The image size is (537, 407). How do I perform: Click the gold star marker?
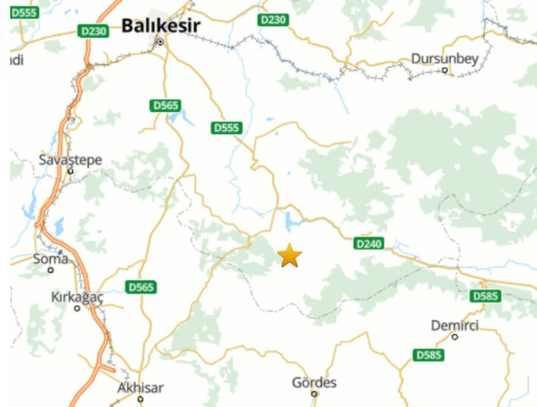click(x=289, y=256)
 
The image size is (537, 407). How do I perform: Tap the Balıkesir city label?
click(x=160, y=26)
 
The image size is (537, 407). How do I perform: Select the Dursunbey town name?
click(x=445, y=59)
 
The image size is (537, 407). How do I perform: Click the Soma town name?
click(x=50, y=258)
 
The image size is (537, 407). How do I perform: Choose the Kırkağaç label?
click(x=77, y=297)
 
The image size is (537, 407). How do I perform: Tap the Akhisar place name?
click(x=140, y=387)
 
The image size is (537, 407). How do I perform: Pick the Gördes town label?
click(x=314, y=383)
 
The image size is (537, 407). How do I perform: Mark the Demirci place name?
click(x=454, y=326)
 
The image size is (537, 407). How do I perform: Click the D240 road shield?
click(x=368, y=243)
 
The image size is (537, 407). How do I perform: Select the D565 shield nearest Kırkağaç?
click(x=141, y=287)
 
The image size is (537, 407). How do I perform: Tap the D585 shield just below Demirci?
click(x=428, y=355)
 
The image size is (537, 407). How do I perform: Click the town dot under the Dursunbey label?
click(x=445, y=70)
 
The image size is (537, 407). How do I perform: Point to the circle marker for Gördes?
click(x=314, y=394)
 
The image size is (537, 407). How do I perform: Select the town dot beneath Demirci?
click(x=454, y=337)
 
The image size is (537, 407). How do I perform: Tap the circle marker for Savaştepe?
click(x=70, y=171)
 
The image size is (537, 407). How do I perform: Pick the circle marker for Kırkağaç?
click(x=77, y=308)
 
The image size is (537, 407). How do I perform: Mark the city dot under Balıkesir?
click(x=160, y=43)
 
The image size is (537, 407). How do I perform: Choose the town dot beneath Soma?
click(x=50, y=270)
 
